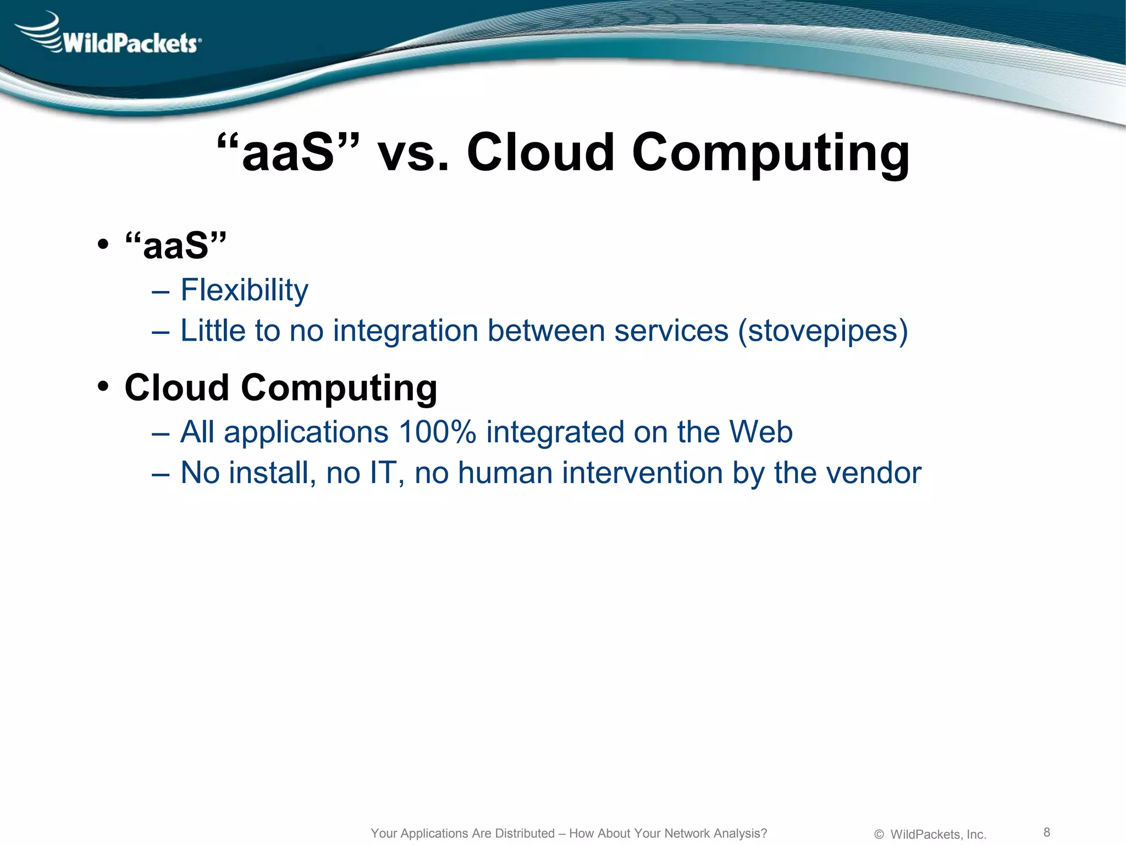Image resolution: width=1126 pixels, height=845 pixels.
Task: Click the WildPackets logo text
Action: click(131, 42)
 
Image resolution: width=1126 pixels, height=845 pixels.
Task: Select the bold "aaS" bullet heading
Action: click(175, 245)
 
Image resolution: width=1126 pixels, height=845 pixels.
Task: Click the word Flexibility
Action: click(244, 290)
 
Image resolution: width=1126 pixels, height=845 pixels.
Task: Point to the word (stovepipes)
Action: click(823, 331)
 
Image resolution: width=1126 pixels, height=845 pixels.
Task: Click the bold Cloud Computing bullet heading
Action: click(280, 388)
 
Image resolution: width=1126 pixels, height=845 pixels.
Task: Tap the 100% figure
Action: click(437, 432)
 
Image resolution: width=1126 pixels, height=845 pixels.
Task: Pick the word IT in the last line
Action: click(383, 473)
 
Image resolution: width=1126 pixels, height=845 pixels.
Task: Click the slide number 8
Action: click(1047, 832)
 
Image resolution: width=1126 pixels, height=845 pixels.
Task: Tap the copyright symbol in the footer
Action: click(879, 835)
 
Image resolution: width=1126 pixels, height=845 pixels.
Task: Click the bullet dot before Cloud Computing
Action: click(103, 387)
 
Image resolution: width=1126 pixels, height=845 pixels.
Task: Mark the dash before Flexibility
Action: click(160, 291)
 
